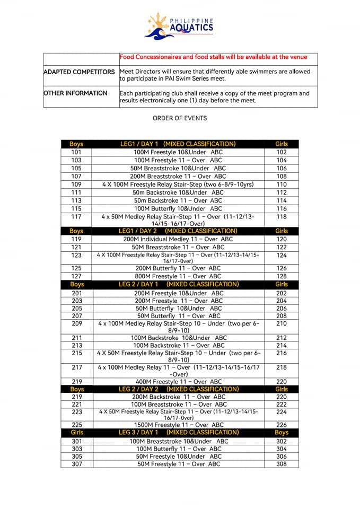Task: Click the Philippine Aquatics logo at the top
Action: (x=179, y=25)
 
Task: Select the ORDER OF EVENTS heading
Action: (x=180, y=118)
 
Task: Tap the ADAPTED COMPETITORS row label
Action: (x=79, y=72)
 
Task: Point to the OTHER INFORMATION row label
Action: (x=75, y=93)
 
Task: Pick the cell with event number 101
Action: (x=76, y=152)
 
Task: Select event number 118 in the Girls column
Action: (x=282, y=216)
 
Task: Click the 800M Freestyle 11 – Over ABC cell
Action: (x=178, y=276)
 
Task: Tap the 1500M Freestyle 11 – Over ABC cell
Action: (x=178, y=425)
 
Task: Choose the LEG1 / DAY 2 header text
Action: (x=178, y=231)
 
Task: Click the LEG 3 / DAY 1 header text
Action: (x=178, y=433)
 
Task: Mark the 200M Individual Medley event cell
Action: (x=178, y=239)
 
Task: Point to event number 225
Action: (x=76, y=425)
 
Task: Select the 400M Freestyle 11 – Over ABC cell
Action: (x=178, y=381)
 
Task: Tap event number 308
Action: (x=282, y=464)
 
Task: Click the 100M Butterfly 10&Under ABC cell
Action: (x=178, y=208)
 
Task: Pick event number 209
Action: (x=76, y=323)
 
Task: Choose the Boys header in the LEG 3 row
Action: (x=282, y=433)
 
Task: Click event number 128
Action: (x=282, y=276)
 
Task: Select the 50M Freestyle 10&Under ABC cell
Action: (x=178, y=456)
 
